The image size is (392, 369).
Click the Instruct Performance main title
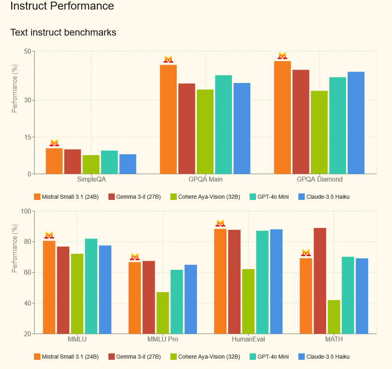click(x=62, y=6)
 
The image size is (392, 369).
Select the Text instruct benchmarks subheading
click(x=63, y=32)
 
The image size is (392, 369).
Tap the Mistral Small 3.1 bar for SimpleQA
click(x=54, y=161)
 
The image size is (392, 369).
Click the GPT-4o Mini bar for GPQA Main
click(x=223, y=124)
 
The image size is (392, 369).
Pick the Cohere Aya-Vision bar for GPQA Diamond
click(x=319, y=132)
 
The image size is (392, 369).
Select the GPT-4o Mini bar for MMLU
click(x=91, y=286)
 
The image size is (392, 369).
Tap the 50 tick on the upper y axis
click(x=28, y=51)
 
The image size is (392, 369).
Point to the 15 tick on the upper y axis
click(x=28, y=137)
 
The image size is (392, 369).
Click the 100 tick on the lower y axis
click(x=26, y=211)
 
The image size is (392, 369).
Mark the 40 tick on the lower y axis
click(x=27, y=303)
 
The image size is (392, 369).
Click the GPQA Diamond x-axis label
click(x=320, y=180)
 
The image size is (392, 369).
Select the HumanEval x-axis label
click(x=248, y=339)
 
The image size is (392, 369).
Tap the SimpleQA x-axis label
click(x=91, y=180)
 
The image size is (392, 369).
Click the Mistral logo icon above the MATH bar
click(x=306, y=253)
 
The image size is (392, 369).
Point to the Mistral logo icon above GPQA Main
click(x=168, y=59)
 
